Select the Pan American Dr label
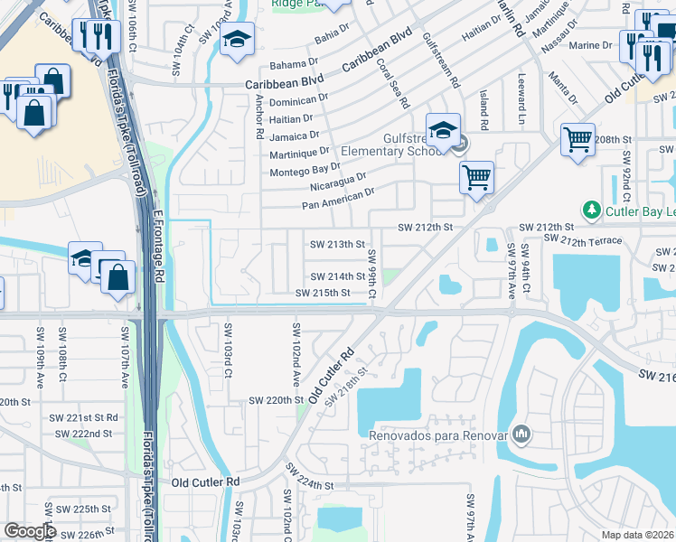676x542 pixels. pyautogui.click(x=338, y=199)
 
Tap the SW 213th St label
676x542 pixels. pyautogui.click(x=337, y=245)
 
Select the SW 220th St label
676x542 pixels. pyautogui.click(x=277, y=399)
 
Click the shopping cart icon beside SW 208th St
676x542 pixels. pyautogui.click(x=577, y=139)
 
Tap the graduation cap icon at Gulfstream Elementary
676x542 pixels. pyautogui.click(x=443, y=129)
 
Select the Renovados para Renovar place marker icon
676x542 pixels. pyautogui.click(x=520, y=435)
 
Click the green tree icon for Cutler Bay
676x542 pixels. pyautogui.click(x=592, y=210)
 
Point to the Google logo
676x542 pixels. pyautogui.click(x=31, y=531)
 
